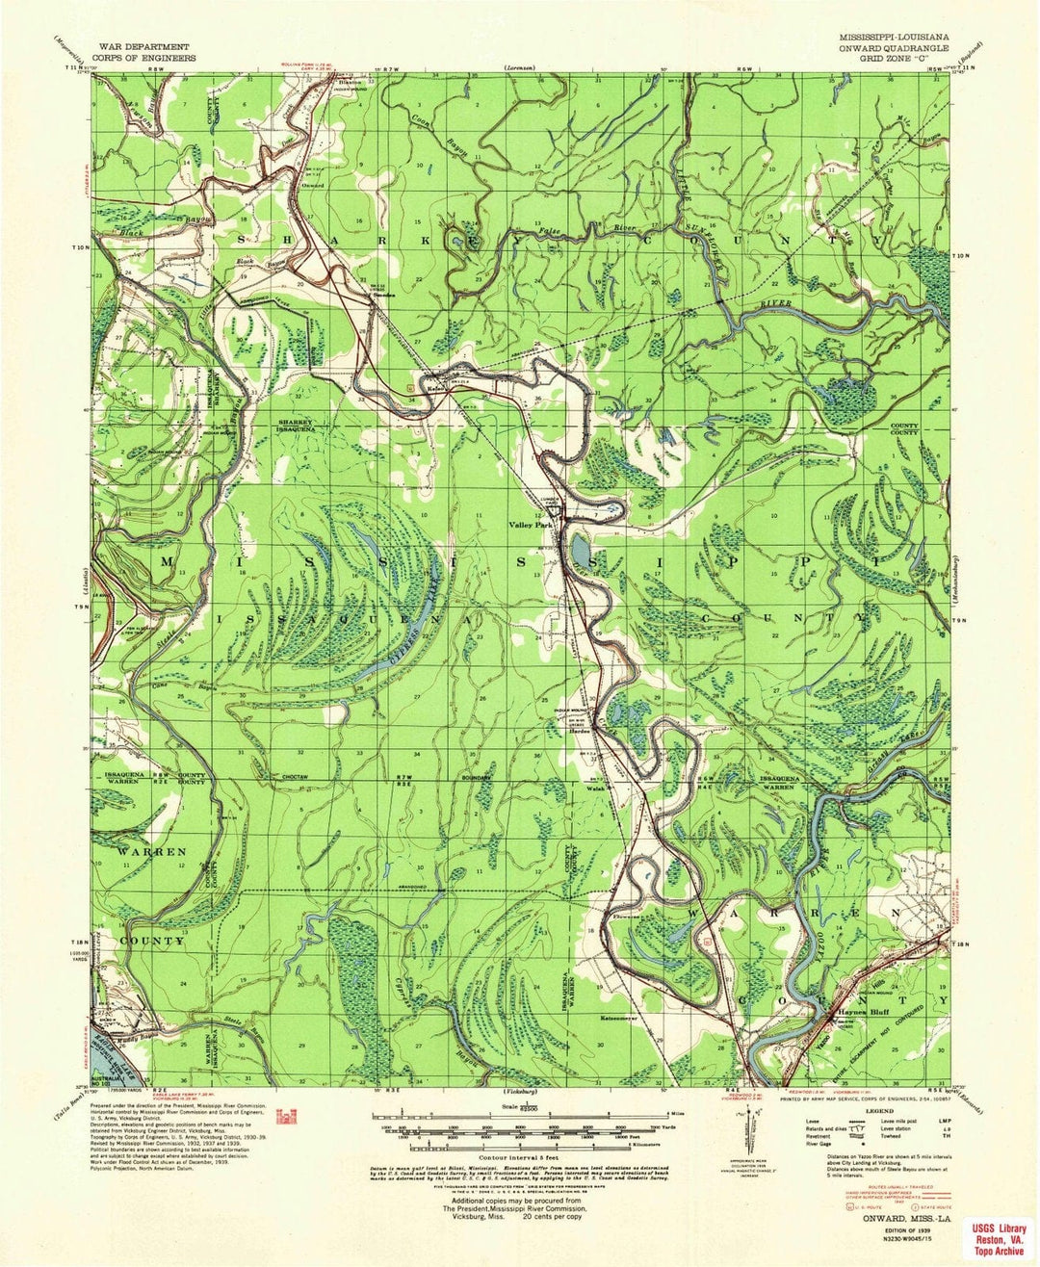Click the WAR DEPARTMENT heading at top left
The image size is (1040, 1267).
tap(147, 45)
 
